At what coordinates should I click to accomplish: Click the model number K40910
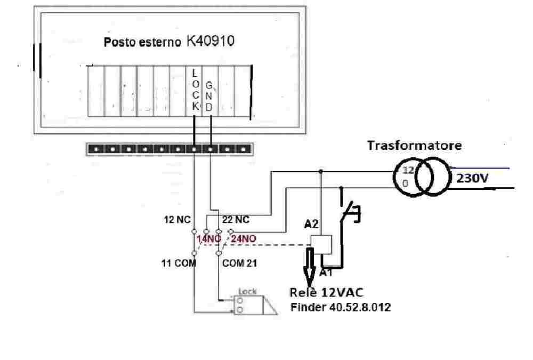pos(210,42)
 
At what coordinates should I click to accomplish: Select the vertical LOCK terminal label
pos(195,90)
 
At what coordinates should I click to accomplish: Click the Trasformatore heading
pos(414,145)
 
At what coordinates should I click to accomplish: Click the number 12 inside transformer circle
pos(407,171)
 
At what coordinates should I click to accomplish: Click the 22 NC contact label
pos(236,219)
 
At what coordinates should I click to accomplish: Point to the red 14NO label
pos(209,239)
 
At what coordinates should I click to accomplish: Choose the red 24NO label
pos(244,239)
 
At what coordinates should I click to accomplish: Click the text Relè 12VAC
pos(326,293)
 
